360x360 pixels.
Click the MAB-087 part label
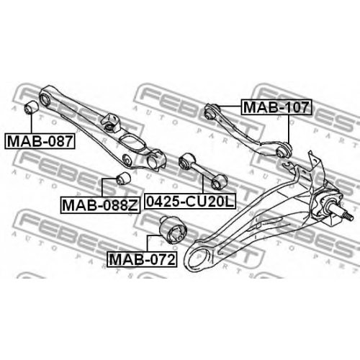tap(40, 141)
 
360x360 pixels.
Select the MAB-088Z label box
tap(100, 205)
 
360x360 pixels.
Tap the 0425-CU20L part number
tap(190, 201)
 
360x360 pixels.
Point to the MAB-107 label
tap(276, 107)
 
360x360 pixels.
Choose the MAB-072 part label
tap(142, 259)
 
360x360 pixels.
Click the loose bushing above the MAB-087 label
tap(31, 107)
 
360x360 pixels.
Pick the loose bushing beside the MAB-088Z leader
tap(123, 179)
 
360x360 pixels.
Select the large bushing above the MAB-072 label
tap(174, 230)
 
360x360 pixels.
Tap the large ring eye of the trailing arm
tap(198, 257)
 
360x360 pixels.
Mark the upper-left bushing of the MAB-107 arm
tap(211, 112)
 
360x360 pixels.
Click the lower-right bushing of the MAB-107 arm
tap(284, 150)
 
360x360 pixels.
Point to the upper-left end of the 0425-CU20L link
tap(186, 161)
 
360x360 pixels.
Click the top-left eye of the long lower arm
tap(45, 99)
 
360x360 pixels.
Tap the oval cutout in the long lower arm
tap(132, 143)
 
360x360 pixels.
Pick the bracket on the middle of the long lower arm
tap(112, 122)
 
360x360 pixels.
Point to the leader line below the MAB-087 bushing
tap(31, 124)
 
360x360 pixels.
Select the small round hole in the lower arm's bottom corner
tap(127, 159)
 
